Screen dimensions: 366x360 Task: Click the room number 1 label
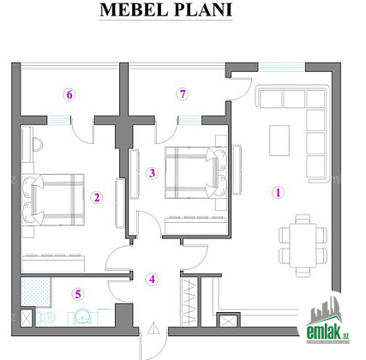coord(278,193)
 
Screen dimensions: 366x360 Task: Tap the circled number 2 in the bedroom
coord(97,197)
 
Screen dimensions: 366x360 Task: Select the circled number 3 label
coord(152,173)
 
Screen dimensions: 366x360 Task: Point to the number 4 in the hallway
coord(152,279)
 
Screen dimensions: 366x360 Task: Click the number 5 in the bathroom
coord(78,294)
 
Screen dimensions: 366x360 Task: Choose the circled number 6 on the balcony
coord(69,94)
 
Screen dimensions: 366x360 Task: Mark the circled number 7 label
coord(183,93)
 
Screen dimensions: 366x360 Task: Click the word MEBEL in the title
coord(134,10)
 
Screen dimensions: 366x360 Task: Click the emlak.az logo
coord(327,321)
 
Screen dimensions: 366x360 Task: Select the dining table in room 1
coord(303,245)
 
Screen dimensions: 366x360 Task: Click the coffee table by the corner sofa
coord(279,141)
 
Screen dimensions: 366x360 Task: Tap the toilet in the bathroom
coord(46,317)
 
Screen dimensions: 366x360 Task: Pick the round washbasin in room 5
coord(82,316)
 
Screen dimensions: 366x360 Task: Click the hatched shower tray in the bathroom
coord(36,292)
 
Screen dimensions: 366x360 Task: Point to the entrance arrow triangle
coord(153,328)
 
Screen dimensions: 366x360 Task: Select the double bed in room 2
coord(53,200)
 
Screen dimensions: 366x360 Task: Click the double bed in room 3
coord(195,172)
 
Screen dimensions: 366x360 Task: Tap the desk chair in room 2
coord(38,144)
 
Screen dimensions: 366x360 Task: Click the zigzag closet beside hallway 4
coord(189,302)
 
